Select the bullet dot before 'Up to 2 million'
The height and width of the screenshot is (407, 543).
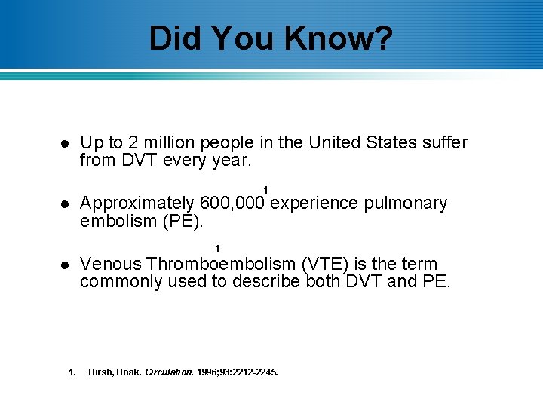pyautogui.click(x=65, y=144)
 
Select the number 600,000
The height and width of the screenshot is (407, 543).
pyautogui.click(x=232, y=203)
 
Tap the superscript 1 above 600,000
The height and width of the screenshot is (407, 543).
pyautogui.click(x=265, y=188)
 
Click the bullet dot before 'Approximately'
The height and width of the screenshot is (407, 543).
pyautogui.click(x=65, y=204)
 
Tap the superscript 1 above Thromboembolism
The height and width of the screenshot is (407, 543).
pyautogui.click(x=217, y=249)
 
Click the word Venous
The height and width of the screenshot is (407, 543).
pyautogui.click(x=111, y=264)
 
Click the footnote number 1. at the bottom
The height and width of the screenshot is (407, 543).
pyautogui.click(x=72, y=372)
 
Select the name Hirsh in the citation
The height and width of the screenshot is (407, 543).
pyautogui.click(x=101, y=372)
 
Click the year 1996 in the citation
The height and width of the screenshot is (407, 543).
pyautogui.click(x=209, y=372)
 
